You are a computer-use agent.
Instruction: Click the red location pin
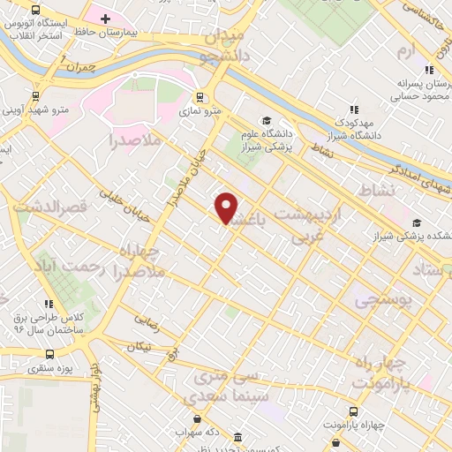click(227, 207)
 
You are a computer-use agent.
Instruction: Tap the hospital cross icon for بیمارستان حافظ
click(106, 19)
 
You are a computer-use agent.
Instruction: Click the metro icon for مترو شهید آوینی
click(35, 96)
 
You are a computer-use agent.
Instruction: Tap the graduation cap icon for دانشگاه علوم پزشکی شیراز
click(265, 121)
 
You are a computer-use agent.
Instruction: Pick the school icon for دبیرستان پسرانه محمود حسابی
click(429, 71)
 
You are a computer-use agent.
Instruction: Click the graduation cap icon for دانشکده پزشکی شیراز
click(417, 222)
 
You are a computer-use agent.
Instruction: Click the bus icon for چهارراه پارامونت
click(354, 411)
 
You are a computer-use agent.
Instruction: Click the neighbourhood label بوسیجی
click(384, 301)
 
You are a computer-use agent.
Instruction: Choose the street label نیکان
click(139, 348)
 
